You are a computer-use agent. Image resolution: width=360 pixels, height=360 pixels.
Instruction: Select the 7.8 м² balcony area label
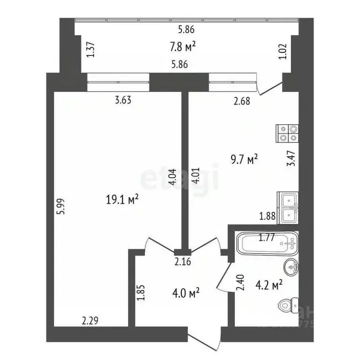pyautogui.click(x=182, y=47)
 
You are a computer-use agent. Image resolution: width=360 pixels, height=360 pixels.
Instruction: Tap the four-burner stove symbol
pyautogui.click(x=287, y=133)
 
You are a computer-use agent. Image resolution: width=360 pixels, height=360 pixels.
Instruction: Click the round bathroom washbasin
pyautogui.click(x=291, y=268)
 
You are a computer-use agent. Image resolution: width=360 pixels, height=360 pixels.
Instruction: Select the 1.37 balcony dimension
pyautogui.click(x=91, y=50)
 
